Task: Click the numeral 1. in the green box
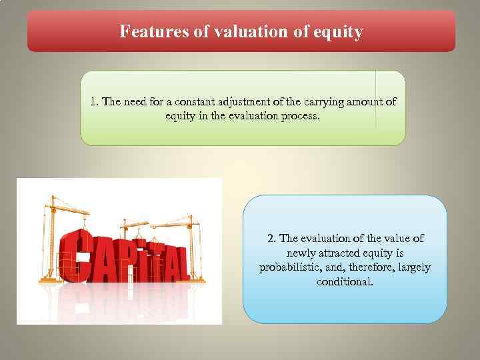[95, 102]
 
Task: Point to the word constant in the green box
[195, 102]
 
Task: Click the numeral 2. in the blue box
[272, 238]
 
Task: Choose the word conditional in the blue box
[345, 282]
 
